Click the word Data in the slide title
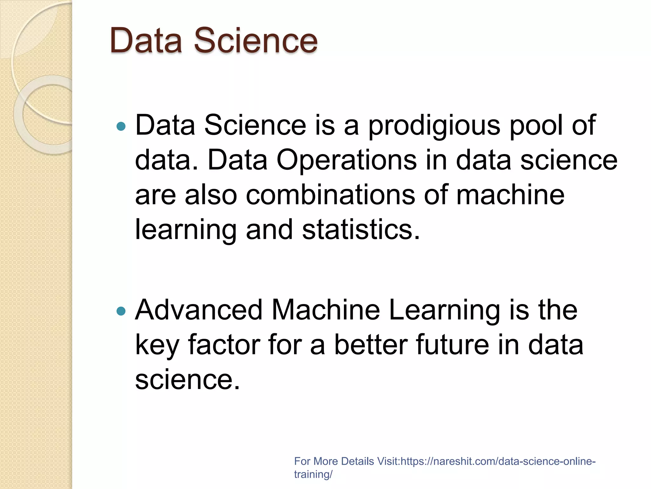click(146, 40)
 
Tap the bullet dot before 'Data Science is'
click(121, 127)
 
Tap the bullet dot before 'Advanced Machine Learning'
click(121, 311)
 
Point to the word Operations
click(346, 161)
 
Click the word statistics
click(361, 230)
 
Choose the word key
click(157, 346)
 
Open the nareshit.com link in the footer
click(497, 461)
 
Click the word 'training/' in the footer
click(313, 474)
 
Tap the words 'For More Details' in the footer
click(334, 461)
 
